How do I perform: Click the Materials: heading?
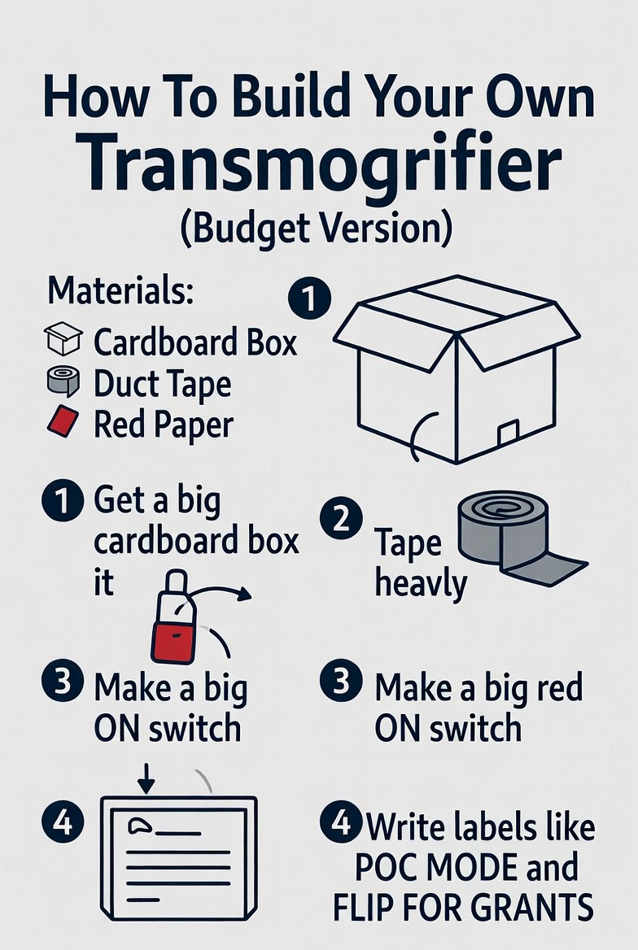point(120,290)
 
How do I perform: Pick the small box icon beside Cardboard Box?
point(63,338)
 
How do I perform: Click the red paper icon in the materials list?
point(63,422)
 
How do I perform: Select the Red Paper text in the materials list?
point(164,424)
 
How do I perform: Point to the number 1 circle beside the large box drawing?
point(309,300)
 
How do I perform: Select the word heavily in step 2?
point(421,583)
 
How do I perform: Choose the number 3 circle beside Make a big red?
point(341,682)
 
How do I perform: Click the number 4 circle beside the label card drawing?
point(62,824)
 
